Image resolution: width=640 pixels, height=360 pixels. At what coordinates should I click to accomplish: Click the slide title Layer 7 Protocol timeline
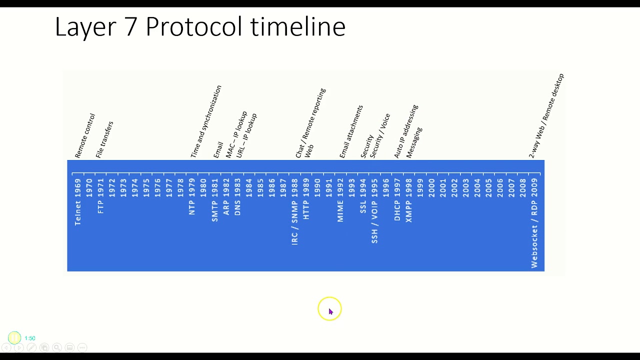[x=200, y=26]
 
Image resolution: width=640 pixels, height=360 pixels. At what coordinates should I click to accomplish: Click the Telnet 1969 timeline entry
[x=77, y=202]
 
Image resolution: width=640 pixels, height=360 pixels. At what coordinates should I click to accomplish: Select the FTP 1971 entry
[x=100, y=196]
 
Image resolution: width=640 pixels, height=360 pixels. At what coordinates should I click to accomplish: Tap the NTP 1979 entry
[x=192, y=196]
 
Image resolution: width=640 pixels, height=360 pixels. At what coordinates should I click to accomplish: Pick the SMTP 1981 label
[x=215, y=200]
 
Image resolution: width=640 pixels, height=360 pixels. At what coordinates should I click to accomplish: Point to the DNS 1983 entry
[x=237, y=197]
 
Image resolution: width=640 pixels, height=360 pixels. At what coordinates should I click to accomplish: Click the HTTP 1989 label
[x=306, y=199]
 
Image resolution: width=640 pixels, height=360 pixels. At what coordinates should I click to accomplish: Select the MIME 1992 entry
[x=340, y=200]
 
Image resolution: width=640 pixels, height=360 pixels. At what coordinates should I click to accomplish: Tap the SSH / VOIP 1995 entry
[x=374, y=210]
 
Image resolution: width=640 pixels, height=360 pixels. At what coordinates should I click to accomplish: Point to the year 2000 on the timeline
[x=431, y=188]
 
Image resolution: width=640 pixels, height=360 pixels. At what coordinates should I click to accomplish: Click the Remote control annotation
[x=84, y=136]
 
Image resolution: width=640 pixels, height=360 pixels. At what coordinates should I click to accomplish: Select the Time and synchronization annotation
[x=205, y=122]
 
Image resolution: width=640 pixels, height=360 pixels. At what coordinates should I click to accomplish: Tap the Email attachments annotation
[x=351, y=131]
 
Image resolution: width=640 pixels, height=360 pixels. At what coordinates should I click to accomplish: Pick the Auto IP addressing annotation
[x=405, y=131]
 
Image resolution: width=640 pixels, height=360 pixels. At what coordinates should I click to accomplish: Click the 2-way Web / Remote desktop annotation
[x=546, y=116]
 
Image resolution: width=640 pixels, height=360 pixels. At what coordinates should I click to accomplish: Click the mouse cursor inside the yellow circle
[x=330, y=311]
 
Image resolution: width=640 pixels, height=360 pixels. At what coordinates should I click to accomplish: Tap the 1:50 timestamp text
[x=30, y=338]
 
